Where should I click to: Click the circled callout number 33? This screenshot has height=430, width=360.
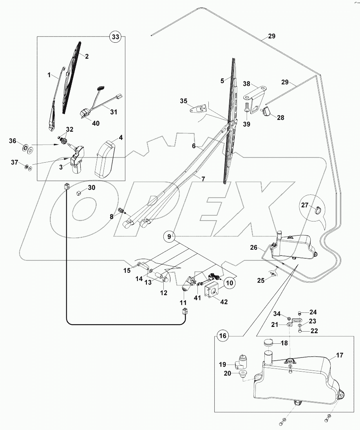point(115,36)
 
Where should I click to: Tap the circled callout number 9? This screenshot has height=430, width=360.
point(169,236)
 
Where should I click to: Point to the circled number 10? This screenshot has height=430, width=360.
point(230,282)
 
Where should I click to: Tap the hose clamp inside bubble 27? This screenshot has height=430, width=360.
point(317,212)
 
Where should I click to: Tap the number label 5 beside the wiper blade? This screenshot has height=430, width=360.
point(222,81)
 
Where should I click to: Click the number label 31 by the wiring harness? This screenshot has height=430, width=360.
point(114,112)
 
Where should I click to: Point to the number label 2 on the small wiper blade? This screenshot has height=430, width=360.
point(87,56)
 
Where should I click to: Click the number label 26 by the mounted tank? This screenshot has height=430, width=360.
point(254,247)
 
